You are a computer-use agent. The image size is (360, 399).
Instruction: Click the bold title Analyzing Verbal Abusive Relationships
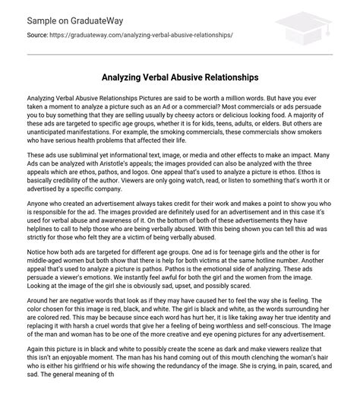point(179,78)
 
